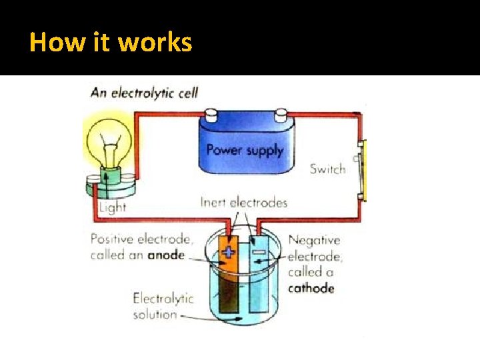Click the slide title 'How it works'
click(x=111, y=43)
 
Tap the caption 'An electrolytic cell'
click(x=144, y=92)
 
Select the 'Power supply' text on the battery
click(x=245, y=149)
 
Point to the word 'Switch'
click(x=327, y=169)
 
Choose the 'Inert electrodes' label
click(x=243, y=202)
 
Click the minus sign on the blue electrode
click(x=258, y=251)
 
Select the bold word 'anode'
click(x=167, y=255)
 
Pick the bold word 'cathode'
click(x=311, y=288)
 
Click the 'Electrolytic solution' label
click(x=163, y=306)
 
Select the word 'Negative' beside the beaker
click(x=314, y=240)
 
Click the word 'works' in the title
click(x=155, y=43)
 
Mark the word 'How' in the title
click(x=49, y=43)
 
